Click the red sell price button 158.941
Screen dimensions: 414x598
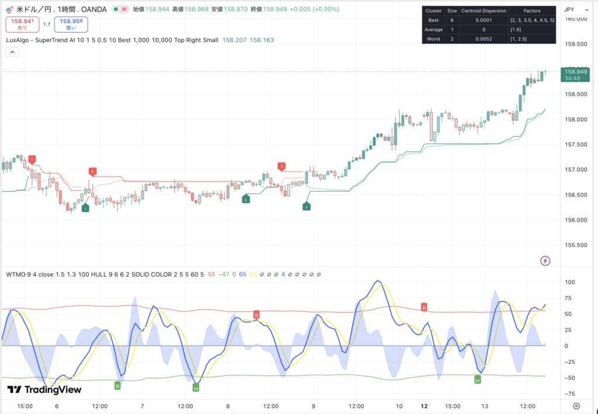pos(22,24)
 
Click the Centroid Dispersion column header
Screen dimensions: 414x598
pos(484,11)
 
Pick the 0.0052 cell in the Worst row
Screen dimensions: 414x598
pos(484,38)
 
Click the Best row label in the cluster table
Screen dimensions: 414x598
pos(434,19)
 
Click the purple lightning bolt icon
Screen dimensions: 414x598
pos(545,260)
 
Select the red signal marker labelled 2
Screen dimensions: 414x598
pos(281,167)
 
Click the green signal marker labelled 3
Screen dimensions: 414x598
pos(306,207)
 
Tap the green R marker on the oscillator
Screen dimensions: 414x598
pos(117,386)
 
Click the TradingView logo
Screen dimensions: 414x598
pos(44,389)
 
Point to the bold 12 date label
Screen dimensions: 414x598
pos(424,405)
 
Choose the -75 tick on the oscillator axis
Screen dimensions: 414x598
pos(571,394)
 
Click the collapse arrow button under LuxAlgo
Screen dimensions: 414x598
pos(12,52)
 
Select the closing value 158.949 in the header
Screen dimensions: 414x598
pos(274,10)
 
